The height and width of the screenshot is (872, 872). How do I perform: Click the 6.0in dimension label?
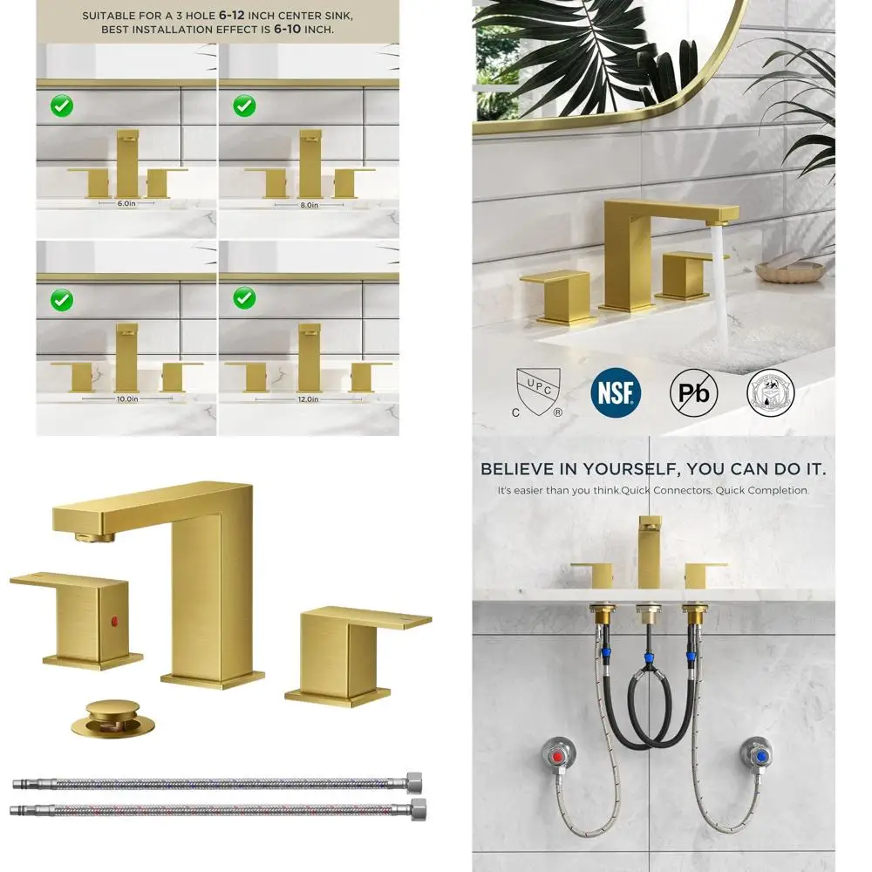(127, 202)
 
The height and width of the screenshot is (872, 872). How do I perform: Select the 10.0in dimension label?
(127, 399)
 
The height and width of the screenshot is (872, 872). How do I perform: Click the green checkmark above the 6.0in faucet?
(62, 106)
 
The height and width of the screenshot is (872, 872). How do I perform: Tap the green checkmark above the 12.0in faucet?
(244, 300)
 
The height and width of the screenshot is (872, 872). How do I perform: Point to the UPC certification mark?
(536, 390)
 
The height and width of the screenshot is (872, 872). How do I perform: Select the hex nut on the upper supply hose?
(416, 778)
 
